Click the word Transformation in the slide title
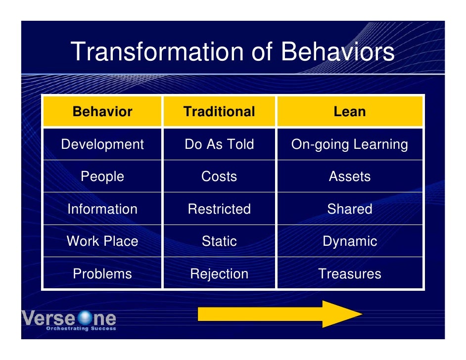pyautogui.click(x=157, y=52)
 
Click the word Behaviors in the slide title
pyautogui.click(x=337, y=52)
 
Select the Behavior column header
pyautogui.click(x=102, y=112)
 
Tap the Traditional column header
pyautogui.click(x=219, y=112)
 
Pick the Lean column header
pyautogui.click(x=349, y=112)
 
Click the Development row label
pyautogui.click(x=102, y=144)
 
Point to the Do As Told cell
pyautogui.click(x=219, y=144)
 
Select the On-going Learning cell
pyautogui.click(x=349, y=144)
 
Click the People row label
pyautogui.click(x=102, y=177)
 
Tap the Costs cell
pyautogui.click(x=219, y=177)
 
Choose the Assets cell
pyautogui.click(x=349, y=177)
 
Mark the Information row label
pyautogui.click(x=102, y=209)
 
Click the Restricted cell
pyautogui.click(x=219, y=209)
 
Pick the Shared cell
pyautogui.click(x=349, y=209)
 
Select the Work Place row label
pyautogui.click(x=102, y=241)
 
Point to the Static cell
pyautogui.click(x=219, y=241)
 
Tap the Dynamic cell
pyautogui.click(x=349, y=241)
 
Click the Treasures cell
pyautogui.click(x=349, y=274)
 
